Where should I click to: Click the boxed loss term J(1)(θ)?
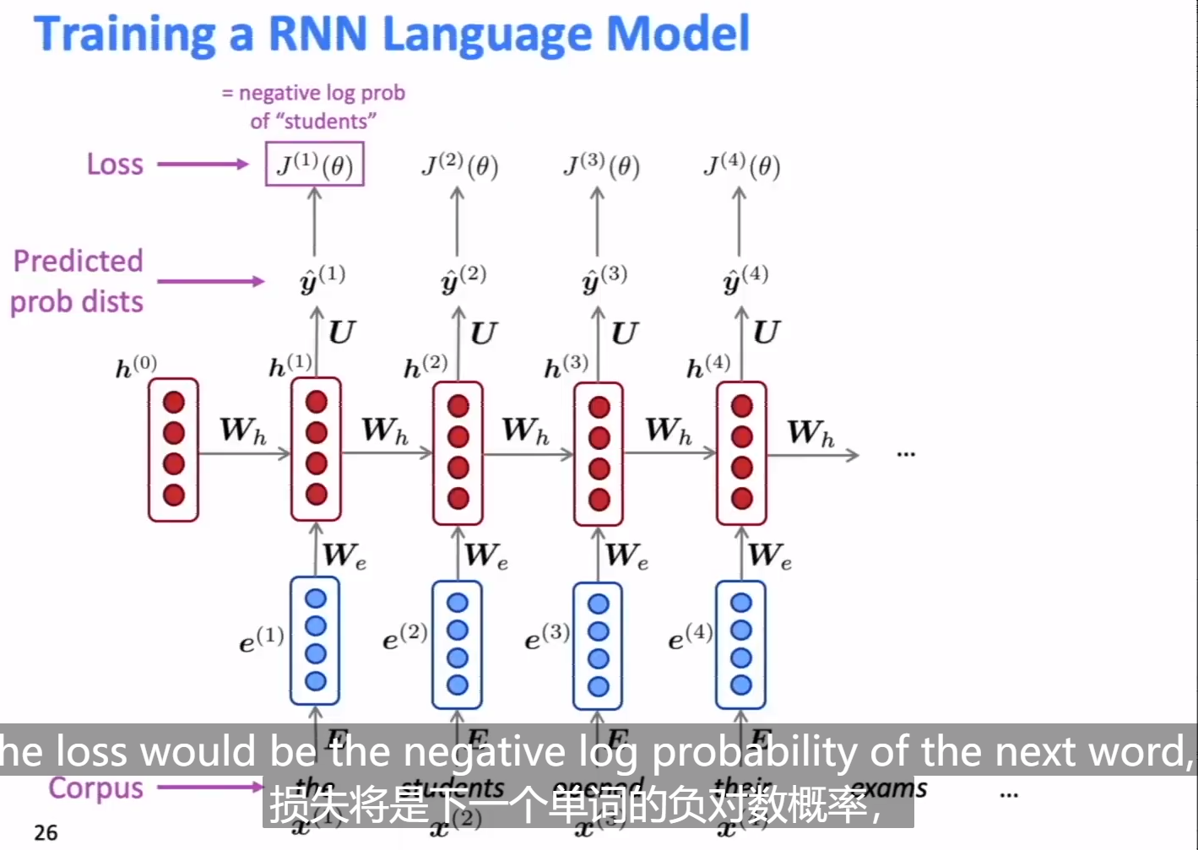[x=314, y=165]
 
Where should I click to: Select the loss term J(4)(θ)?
[x=741, y=165]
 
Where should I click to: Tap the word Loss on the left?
[x=115, y=164]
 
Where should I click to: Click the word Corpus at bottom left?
[x=95, y=788]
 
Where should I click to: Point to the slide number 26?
[x=46, y=832]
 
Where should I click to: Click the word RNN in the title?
[x=317, y=34]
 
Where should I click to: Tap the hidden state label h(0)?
[x=136, y=366]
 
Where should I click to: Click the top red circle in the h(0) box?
[x=174, y=403]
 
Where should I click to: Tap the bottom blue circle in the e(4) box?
[x=741, y=685]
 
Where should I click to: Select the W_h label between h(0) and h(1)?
[x=243, y=430]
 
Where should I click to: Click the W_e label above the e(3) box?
[x=626, y=555]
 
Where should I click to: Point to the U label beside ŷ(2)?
[x=483, y=333]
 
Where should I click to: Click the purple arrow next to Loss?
[x=203, y=164]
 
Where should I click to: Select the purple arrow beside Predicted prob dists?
[x=210, y=281]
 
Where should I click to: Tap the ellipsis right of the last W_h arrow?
[x=905, y=454]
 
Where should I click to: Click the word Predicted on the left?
[x=78, y=261]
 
